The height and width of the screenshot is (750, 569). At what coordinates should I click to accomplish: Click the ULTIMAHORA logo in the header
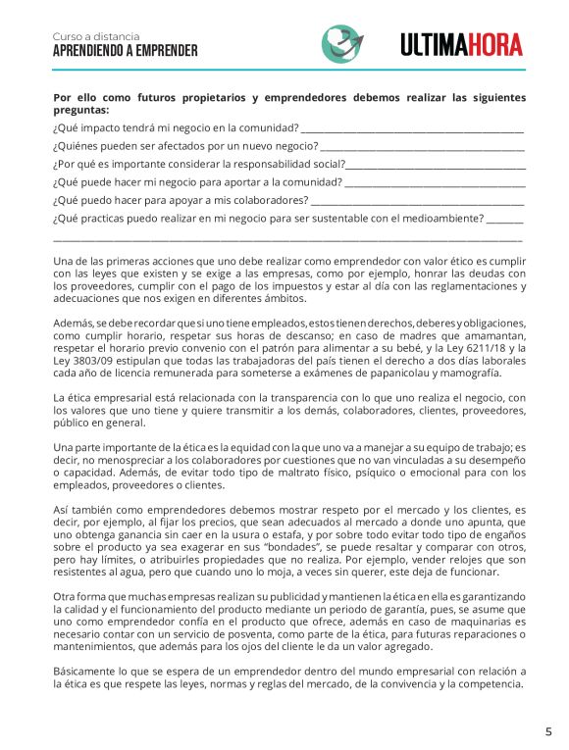[461, 44]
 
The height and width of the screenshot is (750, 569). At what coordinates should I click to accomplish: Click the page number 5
[548, 731]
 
